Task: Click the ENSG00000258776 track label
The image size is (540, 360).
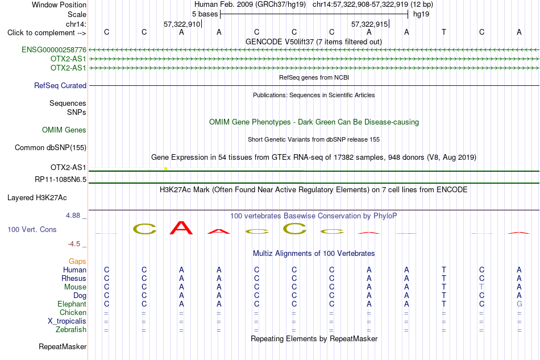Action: tap(54, 49)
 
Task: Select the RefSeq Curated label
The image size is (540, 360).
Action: tap(60, 85)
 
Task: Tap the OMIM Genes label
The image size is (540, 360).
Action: tap(64, 130)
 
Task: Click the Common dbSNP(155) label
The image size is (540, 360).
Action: tap(51, 147)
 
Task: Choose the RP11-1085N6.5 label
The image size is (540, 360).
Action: tap(61, 180)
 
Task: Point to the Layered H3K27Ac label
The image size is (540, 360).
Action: tap(37, 198)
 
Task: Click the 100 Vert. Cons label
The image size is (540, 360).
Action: tap(32, 229)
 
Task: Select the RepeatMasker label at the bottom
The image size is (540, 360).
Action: tap(63, 346)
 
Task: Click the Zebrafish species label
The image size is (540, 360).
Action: tap(71, 330)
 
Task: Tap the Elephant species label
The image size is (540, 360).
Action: tap(72, 304)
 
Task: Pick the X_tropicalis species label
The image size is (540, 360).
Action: tap(67, 321)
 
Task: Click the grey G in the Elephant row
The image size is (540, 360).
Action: tap(520, 304)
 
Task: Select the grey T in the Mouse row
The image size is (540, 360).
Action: tap(481, 287)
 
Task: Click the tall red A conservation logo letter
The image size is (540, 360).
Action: tap(181, 227)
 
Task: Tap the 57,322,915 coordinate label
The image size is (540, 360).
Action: tap(369, 24)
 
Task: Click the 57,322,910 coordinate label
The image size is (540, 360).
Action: tap(182, 24)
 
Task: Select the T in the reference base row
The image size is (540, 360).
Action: tap(444, 32)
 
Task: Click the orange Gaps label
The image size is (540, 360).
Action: tap(77, 261)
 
